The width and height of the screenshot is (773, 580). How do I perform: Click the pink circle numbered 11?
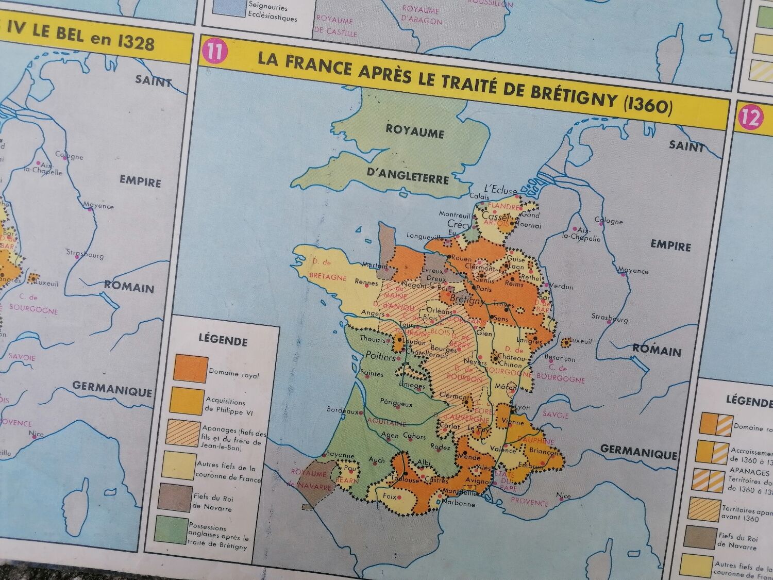coord(214,53)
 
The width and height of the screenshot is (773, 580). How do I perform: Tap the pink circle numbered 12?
coord(750,118)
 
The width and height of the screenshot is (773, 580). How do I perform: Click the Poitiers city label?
coord(380,357)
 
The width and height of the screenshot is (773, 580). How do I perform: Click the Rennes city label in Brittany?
coord(366,282)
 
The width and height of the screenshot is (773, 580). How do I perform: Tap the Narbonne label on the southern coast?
coord(458,503)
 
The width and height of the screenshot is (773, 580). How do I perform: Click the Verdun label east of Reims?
coord(561,286)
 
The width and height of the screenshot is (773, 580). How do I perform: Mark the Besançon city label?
coord(559,357)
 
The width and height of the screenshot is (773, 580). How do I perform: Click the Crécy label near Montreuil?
coord(459,225)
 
